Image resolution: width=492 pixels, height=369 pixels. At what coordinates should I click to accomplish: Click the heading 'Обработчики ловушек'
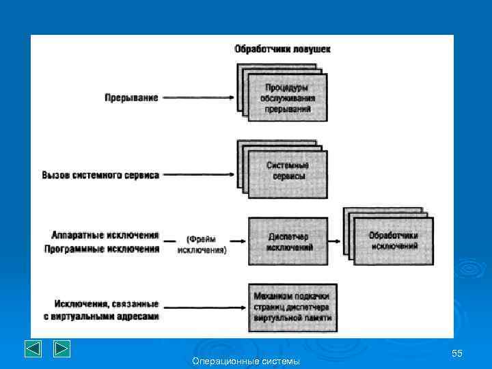[x=283, y=49]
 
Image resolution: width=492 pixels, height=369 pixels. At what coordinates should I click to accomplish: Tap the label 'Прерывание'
[x=131, y=98]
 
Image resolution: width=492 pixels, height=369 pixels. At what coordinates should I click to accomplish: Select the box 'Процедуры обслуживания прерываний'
[x=286, y=98]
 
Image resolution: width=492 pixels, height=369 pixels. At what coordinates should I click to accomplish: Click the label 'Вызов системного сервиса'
[x=100, y=175]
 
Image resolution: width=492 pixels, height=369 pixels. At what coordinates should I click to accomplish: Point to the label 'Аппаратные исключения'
[x=105, y=235]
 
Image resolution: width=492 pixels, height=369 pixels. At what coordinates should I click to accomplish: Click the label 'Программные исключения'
[x=102, y=249]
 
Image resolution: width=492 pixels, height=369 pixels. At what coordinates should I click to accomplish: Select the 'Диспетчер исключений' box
[x=287, y=241]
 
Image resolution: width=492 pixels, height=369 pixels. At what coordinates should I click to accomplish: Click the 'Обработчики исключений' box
[x=393, y=241]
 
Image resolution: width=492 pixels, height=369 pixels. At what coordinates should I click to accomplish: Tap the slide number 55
[x=457, y=353]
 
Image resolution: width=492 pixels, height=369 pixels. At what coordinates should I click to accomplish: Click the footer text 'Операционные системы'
[x=246, y=361]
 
